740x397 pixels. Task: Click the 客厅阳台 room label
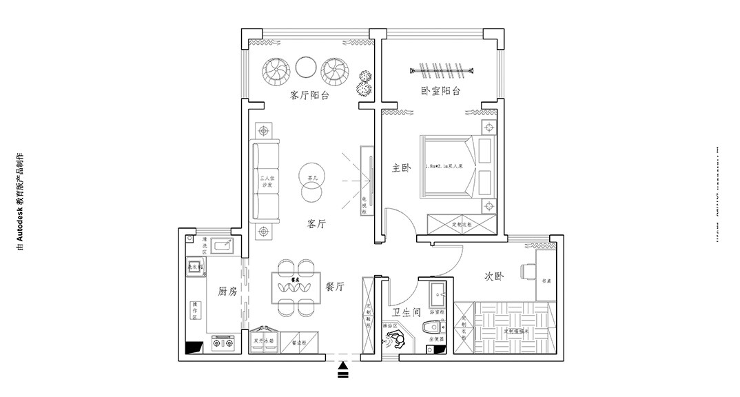click(x=309, y=95)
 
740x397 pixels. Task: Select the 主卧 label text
click(x=401, y=167)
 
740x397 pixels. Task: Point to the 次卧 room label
click(x=493, y=276)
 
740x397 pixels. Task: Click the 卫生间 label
click(x=407, y=312)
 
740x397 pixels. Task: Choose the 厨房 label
click(x=227, y=291)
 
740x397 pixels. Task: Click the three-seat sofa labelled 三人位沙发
click(x=266, y=183)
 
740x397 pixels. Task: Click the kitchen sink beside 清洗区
click(x=223, y=245)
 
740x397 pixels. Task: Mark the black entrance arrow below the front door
click(x=344, y=372)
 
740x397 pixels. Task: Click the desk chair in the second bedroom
click(x=528, y=270)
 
